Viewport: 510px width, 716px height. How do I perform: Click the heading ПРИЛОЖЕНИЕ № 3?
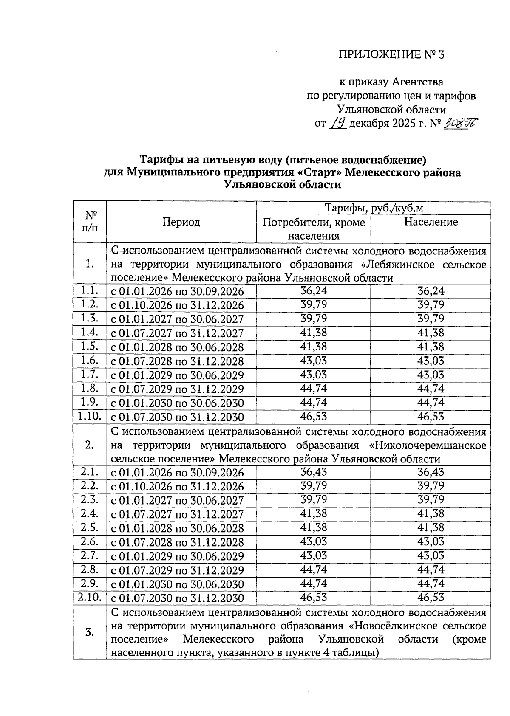click(x=391, y=54)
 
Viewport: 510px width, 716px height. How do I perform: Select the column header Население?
click(x=431, y=222)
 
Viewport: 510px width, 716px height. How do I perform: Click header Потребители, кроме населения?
click(x=314, y=229)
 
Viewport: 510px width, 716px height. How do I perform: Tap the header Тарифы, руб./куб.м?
click(x=374, y=208)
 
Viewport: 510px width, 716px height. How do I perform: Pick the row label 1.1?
click(x=89, y=291)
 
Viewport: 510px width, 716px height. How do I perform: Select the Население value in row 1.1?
click(x=431, y=291)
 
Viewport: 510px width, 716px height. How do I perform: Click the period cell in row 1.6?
click(x=178, y=361)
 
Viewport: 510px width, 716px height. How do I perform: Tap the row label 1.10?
click(x=89, y=417)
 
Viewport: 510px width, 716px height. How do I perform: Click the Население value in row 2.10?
click(x=431, y=598)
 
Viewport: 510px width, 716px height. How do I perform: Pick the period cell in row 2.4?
click(x=178, y=514)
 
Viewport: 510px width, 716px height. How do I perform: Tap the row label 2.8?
click(x=89, y=569)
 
